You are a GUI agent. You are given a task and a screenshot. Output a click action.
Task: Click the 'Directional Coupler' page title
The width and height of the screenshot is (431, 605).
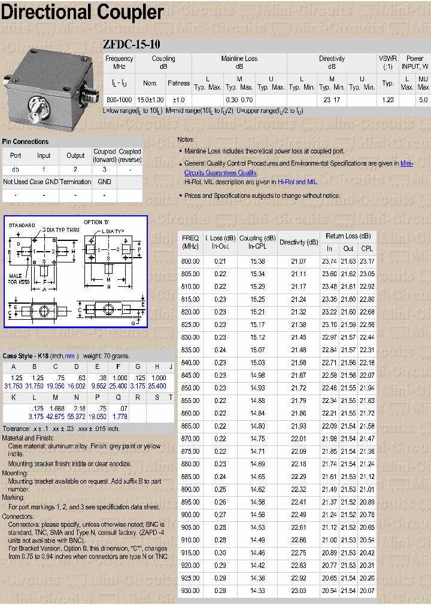[x=82, y=12]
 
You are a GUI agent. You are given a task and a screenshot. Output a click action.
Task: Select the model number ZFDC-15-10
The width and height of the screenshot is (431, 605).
[x=131, y=45]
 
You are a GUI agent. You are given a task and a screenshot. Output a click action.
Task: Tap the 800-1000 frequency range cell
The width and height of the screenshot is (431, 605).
[x=119, y=100]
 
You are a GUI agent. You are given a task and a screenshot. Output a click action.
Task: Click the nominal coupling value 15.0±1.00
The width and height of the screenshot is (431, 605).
[x=150, y=100]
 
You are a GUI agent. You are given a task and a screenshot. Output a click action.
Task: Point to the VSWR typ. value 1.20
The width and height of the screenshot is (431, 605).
[x=387, y=100]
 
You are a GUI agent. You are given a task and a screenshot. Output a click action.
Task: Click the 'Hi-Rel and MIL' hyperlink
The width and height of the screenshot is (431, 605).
[x=298, y=182]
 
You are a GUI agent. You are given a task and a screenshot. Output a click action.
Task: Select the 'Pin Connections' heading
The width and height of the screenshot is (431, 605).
[x=25, y=142]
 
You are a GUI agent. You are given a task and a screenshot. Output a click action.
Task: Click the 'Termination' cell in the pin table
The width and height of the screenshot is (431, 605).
[x=75, y=182]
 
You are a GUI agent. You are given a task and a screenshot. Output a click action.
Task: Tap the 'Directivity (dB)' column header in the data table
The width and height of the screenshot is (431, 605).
[x=299, y=243]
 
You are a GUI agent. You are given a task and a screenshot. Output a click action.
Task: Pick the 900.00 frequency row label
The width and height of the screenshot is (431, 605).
[x=190, y=515]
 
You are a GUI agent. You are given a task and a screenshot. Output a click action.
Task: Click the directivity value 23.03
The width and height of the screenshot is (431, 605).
[x=298, y=591]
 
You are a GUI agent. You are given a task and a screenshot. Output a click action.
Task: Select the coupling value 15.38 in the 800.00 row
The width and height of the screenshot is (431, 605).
[x=257, y=261]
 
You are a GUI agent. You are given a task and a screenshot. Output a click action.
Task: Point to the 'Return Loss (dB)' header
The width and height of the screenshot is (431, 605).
[x=348, y=236]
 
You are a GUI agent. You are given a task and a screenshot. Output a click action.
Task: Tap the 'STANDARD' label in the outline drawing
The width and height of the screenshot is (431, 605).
[x=22, y=225]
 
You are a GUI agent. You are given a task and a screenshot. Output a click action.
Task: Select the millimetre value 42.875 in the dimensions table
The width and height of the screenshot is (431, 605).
[x=55, y=416]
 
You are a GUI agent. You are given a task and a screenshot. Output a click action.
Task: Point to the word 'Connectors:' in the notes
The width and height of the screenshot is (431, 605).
[x=18, y=515]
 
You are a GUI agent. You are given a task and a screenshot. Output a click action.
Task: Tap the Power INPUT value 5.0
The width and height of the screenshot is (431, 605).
[x=423, y=100]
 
